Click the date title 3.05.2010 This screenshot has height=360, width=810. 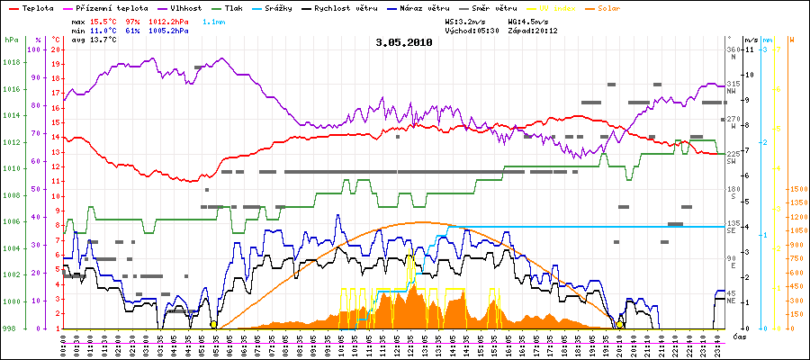coord(404,42)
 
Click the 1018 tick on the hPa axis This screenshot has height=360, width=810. coord(11,63)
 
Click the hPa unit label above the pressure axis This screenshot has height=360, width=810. coord(11,40)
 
